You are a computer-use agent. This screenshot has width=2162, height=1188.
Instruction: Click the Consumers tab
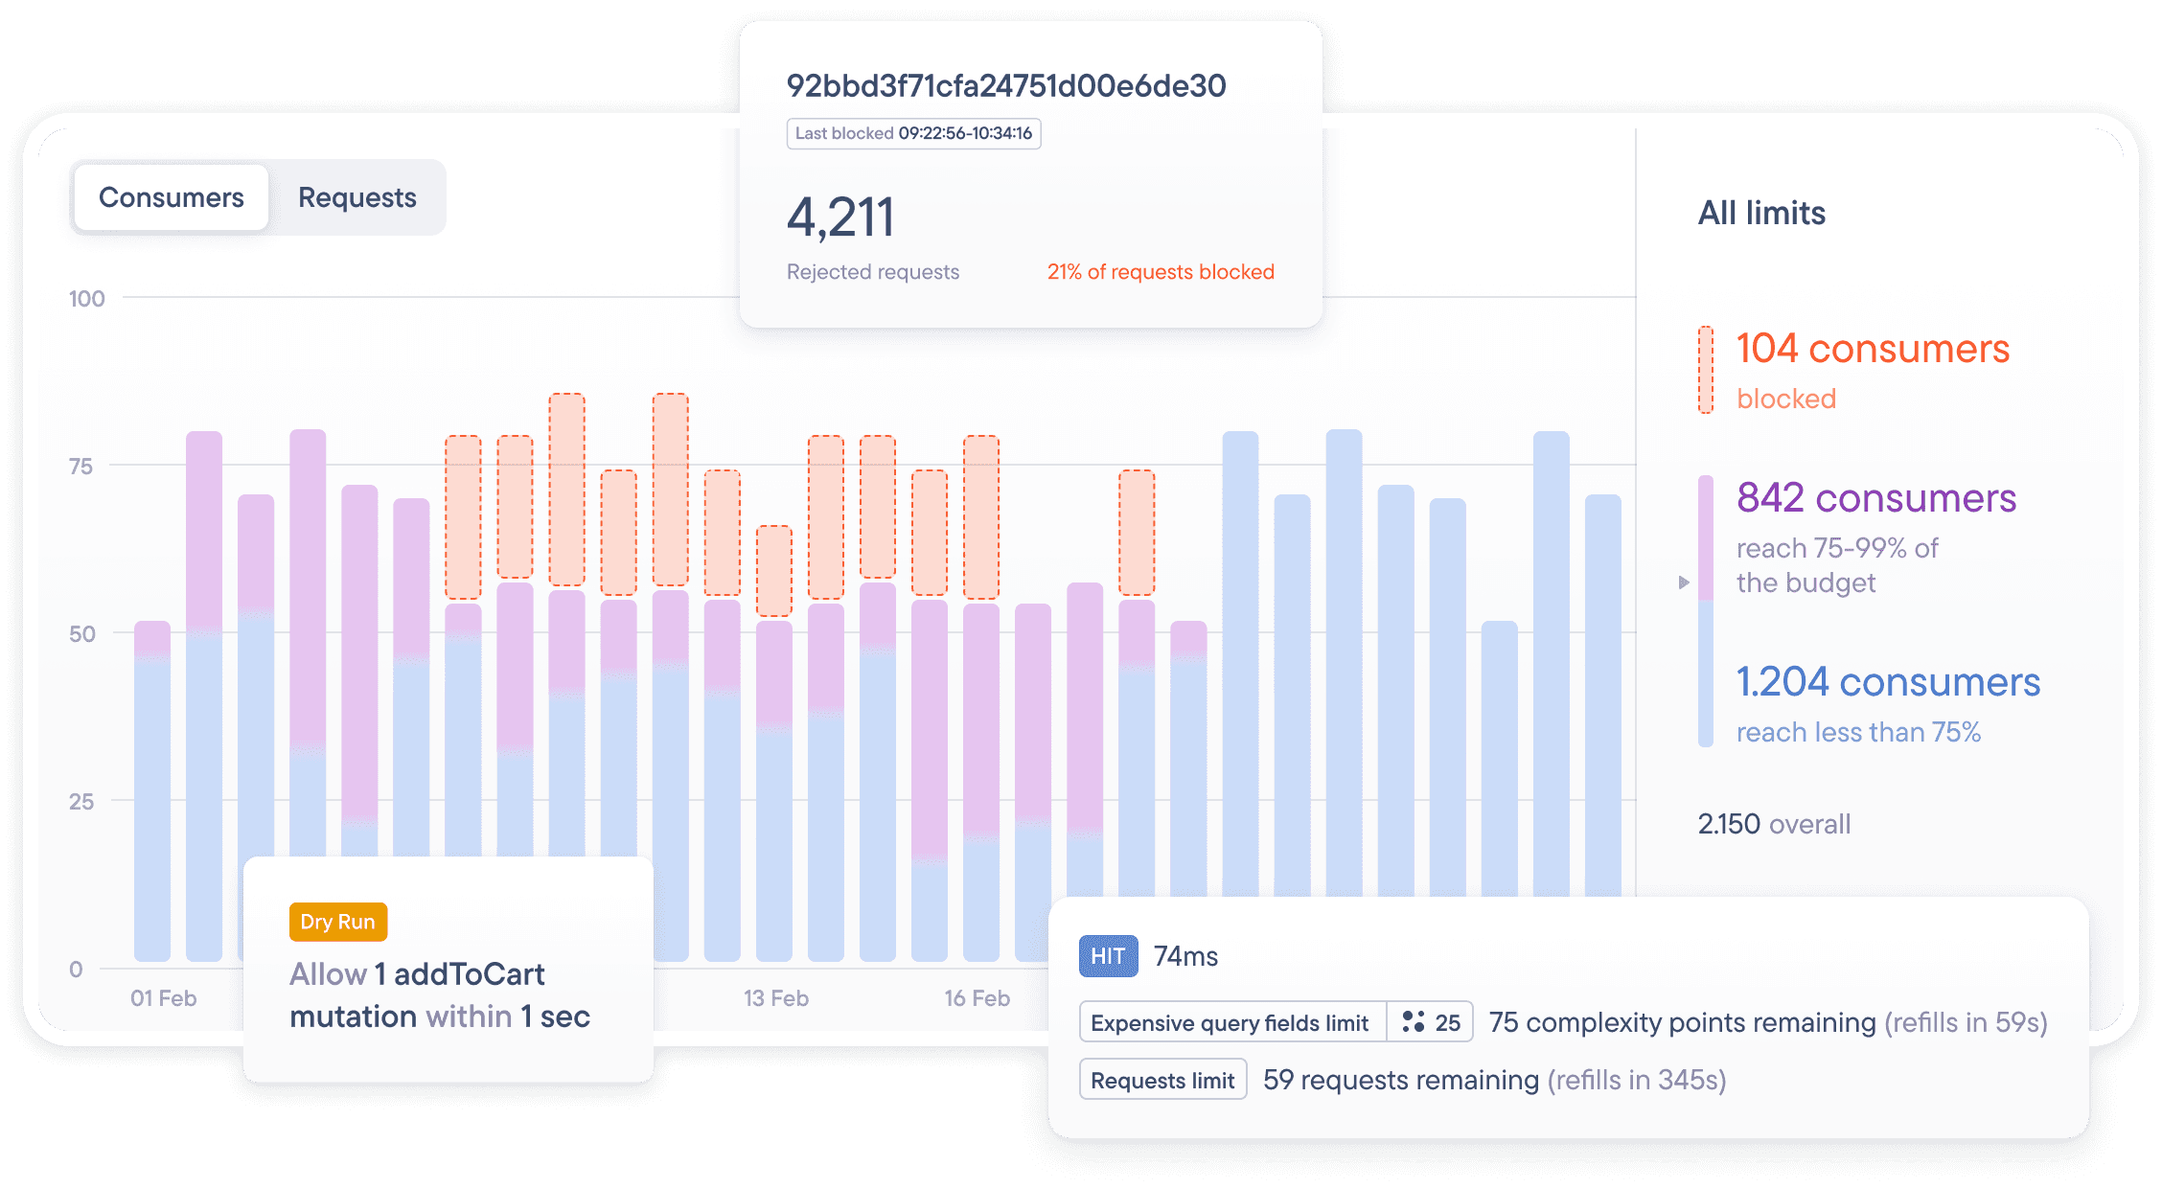(171, 197)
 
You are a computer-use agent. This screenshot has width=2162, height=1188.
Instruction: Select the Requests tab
(356, 197)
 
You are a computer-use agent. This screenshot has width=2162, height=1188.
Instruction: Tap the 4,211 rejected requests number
(840, 217)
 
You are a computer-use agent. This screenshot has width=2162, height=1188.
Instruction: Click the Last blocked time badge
(913, 133)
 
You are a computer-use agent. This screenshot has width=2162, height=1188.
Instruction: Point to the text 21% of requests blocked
(1160, 272)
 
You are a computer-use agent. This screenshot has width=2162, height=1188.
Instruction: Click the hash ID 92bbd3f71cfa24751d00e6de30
(1005, 86)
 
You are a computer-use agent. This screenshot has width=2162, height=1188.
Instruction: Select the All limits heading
(1761, 213)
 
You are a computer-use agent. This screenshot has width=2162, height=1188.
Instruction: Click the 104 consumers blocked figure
(1872, 350)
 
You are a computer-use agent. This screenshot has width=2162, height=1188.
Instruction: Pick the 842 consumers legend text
(1875, 498)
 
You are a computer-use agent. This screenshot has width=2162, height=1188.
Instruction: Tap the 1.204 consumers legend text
(1887, 682)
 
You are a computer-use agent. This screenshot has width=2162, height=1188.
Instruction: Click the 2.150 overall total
(1773, 824)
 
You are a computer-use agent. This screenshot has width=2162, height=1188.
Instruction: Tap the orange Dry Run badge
(337, 922)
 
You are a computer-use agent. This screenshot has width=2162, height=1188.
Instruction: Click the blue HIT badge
(1108, 956)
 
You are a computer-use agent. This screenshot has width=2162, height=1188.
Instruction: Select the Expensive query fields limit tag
(1230, 1023)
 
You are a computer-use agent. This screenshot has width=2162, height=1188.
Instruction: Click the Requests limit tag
(1162, 1080)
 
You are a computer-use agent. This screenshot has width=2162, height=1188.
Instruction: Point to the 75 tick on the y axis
(81, 467)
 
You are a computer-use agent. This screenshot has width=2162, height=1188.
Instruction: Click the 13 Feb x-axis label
(775, 998)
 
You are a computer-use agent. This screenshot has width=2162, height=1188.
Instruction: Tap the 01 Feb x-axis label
(163, 998)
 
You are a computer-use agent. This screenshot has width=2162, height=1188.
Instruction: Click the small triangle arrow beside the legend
(1684, 583)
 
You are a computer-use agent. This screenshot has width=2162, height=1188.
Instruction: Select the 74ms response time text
(1185, 956)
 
